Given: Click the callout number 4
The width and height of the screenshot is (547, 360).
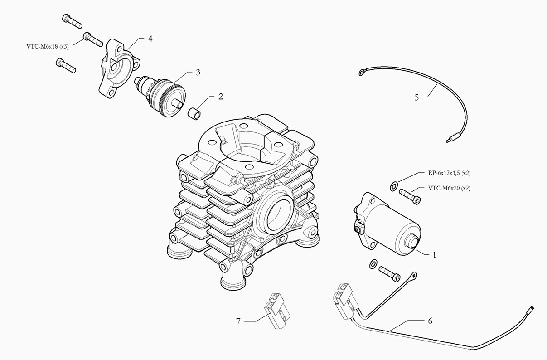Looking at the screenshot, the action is pos(150,39).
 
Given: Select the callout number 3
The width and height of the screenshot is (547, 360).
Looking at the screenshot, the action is pos(198,73).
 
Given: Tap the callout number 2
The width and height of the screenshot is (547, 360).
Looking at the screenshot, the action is pos(221,97).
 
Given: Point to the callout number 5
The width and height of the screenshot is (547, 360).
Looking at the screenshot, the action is pos(416,97).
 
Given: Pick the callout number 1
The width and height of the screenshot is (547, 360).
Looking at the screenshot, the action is pos(434,255).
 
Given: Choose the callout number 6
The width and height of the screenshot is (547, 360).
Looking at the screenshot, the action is pos(430,321).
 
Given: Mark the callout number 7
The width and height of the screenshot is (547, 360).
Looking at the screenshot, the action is pos(238,321).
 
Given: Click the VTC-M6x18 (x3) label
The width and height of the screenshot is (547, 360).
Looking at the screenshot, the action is pos(48,47).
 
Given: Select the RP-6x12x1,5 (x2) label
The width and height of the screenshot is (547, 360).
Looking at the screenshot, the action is pos(449,173).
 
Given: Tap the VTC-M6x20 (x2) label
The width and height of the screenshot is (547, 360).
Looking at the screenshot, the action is pos(449,188).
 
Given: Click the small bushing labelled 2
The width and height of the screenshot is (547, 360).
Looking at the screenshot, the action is pos(194,112).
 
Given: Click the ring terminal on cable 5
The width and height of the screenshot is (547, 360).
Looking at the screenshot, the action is pos(362,72).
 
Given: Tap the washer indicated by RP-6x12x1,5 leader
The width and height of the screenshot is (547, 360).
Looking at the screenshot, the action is pos(393,186).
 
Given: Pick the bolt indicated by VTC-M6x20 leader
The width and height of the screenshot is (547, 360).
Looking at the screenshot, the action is pos(410,197).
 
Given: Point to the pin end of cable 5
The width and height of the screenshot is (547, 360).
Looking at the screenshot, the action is pos(449,141).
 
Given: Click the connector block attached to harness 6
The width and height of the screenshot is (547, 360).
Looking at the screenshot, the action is pos(345,301).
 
